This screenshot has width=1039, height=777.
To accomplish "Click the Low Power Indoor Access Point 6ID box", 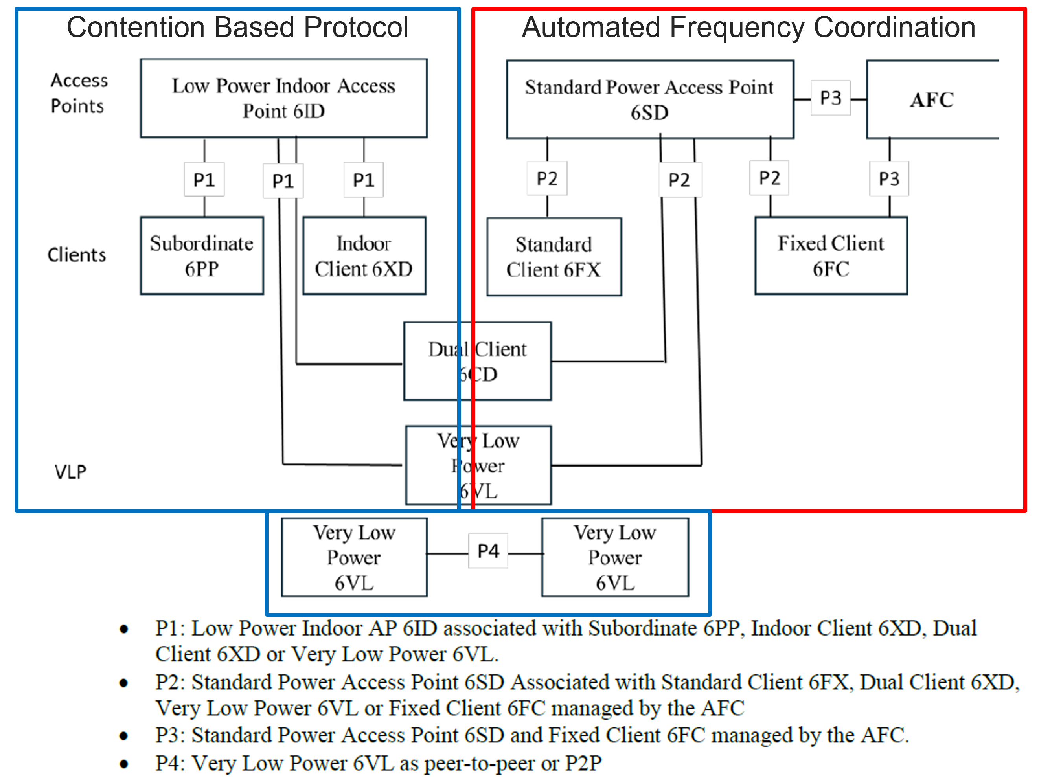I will pos(284,98).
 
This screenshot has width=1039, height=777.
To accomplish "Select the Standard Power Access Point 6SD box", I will pos(649,99).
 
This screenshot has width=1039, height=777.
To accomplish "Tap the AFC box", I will pos(932,99).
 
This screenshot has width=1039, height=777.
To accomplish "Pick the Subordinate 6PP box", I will pos(202,255).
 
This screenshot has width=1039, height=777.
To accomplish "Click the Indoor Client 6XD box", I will pos(364,255).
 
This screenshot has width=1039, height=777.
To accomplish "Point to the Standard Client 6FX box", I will pos(554,256).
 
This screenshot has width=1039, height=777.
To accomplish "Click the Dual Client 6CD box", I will pos(477,361).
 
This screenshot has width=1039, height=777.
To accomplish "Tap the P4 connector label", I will pos(488,551).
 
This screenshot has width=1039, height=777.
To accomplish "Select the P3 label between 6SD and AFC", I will pos(830,97).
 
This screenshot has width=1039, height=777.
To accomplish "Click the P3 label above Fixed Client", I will pos(889,178).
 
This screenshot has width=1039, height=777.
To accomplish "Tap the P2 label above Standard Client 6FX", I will pos(547,178).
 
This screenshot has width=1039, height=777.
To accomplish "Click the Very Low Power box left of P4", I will pos(354,557).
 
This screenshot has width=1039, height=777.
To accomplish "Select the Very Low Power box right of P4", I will pos(615,557).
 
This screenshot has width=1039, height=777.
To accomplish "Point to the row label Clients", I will pos(77,255).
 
